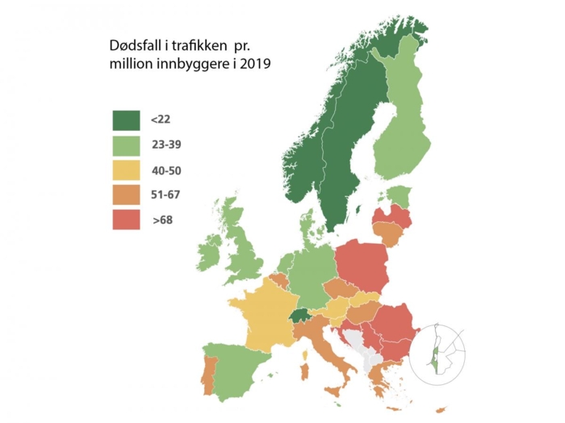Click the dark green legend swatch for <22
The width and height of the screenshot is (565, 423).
coord(126,120)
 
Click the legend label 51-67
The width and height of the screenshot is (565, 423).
coord(165,195)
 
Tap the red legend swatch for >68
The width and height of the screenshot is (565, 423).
coord(126,220)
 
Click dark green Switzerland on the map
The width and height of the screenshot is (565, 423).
coord(300,316)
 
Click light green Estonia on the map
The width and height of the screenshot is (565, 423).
coord(397,196)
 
